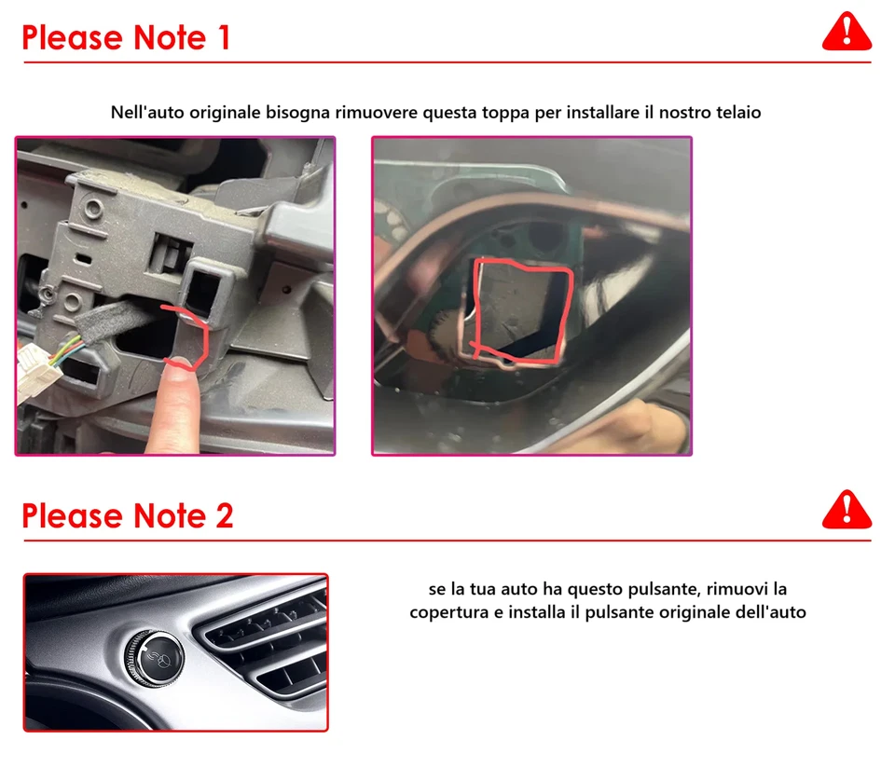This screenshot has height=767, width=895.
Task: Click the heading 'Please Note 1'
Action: tap(125, 37)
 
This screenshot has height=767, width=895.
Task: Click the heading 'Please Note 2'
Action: tap(127, 515)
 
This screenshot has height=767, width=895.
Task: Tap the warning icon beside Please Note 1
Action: tap(847, 33)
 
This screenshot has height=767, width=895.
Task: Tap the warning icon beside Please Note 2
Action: tap(847, 510)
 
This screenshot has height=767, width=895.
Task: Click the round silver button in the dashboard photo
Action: tap(154, 658)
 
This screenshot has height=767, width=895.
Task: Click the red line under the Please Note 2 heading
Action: tap(447, 541)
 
